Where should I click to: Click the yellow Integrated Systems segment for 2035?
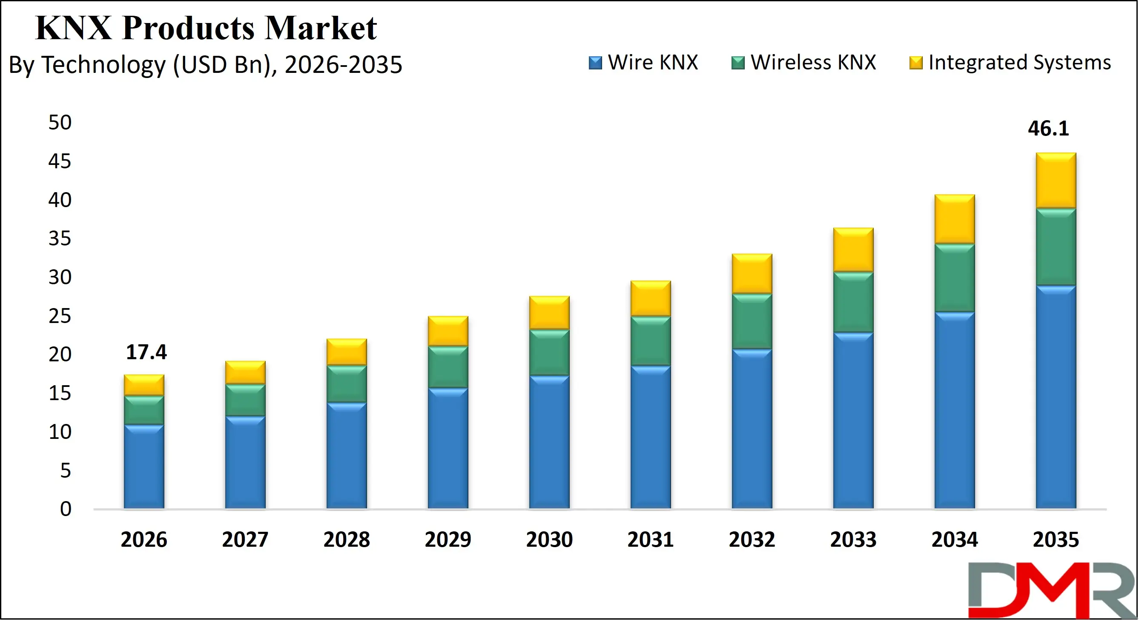pos(1056,181)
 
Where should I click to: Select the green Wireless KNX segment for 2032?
pos(752,321)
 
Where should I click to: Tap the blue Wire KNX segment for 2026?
pos(143,467)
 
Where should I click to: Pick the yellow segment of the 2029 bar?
pos(448,331)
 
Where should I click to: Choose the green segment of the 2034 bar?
pos(955,278)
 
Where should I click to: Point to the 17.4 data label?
pos(146,352)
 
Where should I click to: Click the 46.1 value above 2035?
pos(1048,129)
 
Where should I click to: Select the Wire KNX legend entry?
pos(643,62)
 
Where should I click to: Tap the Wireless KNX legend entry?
pos(804,62)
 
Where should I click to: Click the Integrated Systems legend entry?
pos(1010,62)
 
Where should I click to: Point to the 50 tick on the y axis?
pos(60,123)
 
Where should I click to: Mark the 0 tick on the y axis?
pos(66,509)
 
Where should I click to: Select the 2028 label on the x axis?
pos(346,539)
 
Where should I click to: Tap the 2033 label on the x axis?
pos(853,539)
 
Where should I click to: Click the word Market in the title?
pos(321,28)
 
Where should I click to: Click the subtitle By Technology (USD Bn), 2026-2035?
pos(205,65)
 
